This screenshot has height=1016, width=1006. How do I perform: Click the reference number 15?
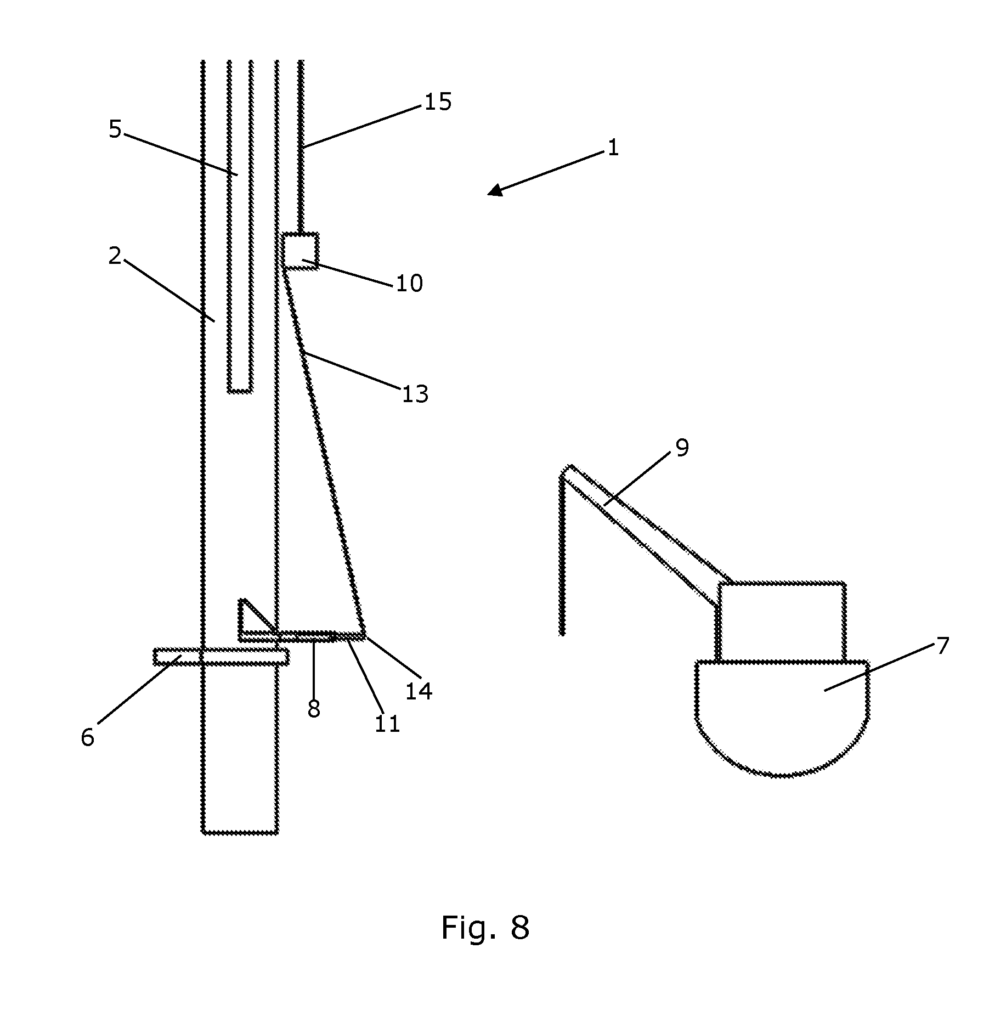pyautogui.click(x=438, y=102)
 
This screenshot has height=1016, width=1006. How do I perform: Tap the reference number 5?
pyautogui.click(x=115, y=129)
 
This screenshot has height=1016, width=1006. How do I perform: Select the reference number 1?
pyautogui.click(x=613, y=148)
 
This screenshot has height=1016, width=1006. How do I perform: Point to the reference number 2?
pyautogui.click(x=115, y=256)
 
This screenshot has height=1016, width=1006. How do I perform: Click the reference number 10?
pyautogui.click(x=409, y=284)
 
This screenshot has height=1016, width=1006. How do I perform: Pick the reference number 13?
pyautogui.click(x=415, y=394)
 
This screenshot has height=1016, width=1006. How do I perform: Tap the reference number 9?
pyautogui.click(x=682, y=448)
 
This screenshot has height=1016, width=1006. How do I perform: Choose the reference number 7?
pyautogui.click(x=942, y=646)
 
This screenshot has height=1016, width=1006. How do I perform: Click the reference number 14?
pyautogui.click(x=419, y=691)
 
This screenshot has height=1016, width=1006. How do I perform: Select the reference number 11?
pyautogui.click(x=387, y=724)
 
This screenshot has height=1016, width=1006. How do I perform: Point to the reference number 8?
pyautogui.click(x=314, y=709)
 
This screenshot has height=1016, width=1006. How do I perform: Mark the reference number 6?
pyautogui.click(x=88, y=738)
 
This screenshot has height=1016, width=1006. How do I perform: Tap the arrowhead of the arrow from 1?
pyautogui.click(x=495, y=190)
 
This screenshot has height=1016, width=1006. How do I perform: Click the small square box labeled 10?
pyautogui.click(x=300, y=251)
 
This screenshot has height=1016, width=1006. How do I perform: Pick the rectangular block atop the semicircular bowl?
pyautogui.click(x=782, y=622)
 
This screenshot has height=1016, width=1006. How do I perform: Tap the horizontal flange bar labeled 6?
pyautogui.click(x=221, y=657)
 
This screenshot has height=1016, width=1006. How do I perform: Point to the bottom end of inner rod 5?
pyautogui.click(x=240, y=392)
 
